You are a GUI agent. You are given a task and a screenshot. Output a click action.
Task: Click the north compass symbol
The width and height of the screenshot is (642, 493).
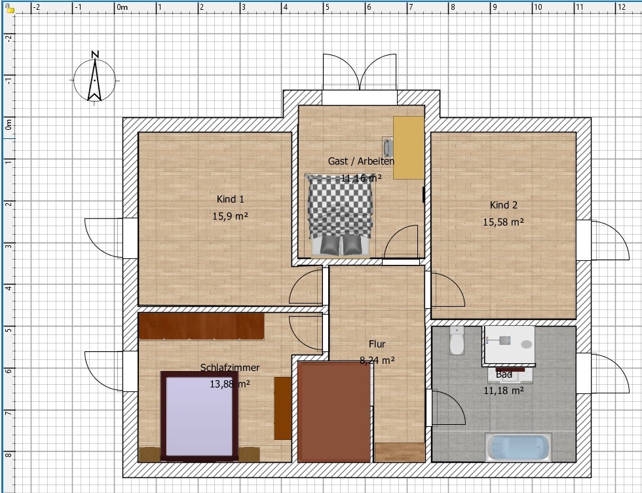(x=94, y=78)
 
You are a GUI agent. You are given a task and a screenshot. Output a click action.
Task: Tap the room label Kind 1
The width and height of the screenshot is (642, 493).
(x=230, y=199)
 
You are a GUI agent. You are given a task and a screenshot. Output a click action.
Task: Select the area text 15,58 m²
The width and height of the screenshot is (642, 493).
(x=503, y=222)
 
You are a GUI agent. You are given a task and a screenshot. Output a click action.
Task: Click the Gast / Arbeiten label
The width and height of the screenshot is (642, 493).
(x=361, y=161)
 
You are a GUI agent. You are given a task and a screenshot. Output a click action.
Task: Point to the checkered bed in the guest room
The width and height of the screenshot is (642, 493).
(x=339, y=215)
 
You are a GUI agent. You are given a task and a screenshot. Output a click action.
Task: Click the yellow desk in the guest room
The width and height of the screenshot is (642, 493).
(x=408, y=148)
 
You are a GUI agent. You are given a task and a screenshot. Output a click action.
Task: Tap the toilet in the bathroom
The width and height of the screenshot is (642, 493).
(x=456, y=340)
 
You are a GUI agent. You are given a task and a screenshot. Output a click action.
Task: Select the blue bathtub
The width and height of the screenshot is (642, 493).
(x=518, y=448)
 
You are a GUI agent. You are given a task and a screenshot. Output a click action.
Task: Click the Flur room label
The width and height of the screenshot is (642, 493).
(x=377, y=344)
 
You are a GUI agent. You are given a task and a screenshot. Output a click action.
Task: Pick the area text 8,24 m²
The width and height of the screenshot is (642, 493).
(x=377, y=361)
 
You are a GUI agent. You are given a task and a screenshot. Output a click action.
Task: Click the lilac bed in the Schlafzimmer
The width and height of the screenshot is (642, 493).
(x=199, y=416)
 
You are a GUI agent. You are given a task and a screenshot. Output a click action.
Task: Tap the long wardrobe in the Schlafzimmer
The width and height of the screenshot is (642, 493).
(x=201, y=326)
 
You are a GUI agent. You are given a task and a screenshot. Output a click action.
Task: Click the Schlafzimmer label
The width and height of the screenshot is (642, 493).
(x=230, y=368)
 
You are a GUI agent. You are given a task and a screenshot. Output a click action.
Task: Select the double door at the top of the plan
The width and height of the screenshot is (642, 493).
(x=360, y=72)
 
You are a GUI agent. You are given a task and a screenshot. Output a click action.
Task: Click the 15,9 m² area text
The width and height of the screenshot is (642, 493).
(x=230, y=216)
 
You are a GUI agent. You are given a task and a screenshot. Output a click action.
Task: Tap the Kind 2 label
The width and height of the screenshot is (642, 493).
(x=504, y=205)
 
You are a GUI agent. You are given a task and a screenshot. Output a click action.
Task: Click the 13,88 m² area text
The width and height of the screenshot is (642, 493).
(x=230, y=384)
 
